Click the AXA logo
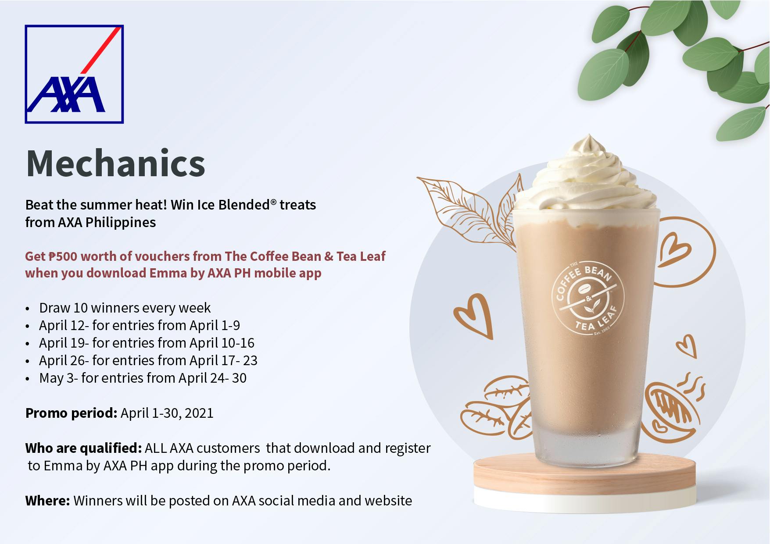(x=74, y=74)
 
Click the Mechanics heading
(x=115, y=164)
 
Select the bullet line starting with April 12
(x=140, y=325)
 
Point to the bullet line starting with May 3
(x=143, y=378)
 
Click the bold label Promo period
(x=71, y=413)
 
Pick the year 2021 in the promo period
(x=199, y=413)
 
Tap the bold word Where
(x=47, y=501)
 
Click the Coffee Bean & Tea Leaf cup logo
(x=588, y=298)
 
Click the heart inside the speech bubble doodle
(x=674, y=250)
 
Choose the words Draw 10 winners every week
(x=125, y=308)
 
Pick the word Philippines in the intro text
(x=121, y=223)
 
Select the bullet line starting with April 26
(x=148, y=360)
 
